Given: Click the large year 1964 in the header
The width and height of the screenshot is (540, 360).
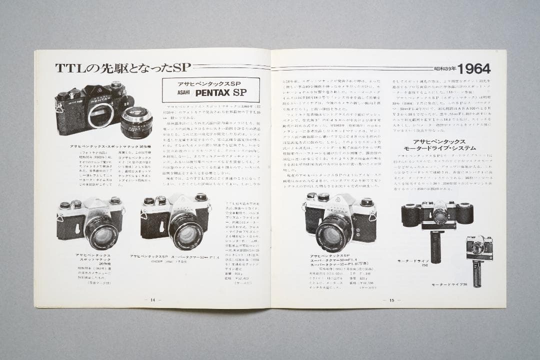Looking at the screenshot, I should (474, 68).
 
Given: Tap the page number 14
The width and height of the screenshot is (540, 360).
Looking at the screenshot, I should (153, 299).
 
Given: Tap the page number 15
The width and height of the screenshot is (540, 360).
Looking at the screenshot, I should (392, 300).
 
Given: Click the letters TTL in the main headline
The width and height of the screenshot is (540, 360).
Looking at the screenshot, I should (69, 67).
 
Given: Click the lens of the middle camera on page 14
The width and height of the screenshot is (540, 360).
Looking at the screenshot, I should (185, 230).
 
